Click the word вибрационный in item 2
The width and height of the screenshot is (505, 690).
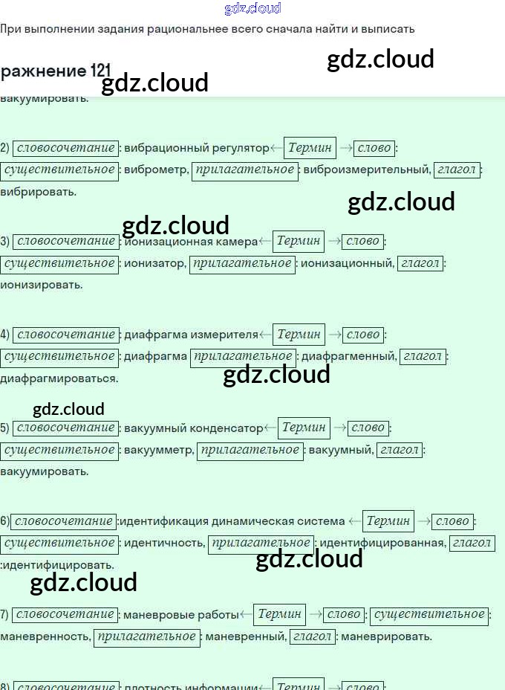pyautogui.click(x=158, y=148)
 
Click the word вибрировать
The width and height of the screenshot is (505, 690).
pyautogui.click(x=39, y=192)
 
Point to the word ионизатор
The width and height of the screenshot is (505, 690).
pyautogui.click(x=154, y=263)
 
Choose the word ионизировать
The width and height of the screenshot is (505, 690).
pyautogui.click(x=42, y=285)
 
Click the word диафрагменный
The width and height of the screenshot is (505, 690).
pyautogui.click(x=348, y=357)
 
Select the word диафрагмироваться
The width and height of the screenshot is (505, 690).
pyautogui.click(x=59, y=378)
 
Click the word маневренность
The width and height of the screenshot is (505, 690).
pyautogui.click(x=45, y=636)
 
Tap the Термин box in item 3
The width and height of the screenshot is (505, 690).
pyautogui.click(x=299, y=241)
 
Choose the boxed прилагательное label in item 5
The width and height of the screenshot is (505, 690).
pyautogui.click(x=250, y=450)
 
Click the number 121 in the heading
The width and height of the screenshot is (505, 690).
pyautogui.click(x=101, y=71)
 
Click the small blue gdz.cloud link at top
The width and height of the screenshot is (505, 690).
pyautogui.click(x=252, y=9)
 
